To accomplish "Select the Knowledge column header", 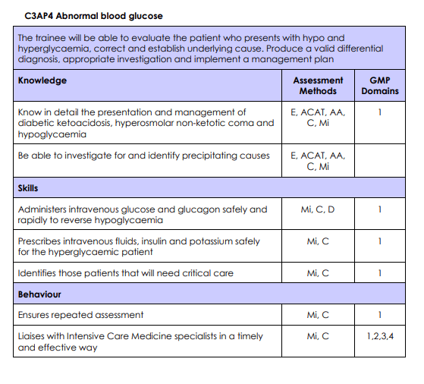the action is [42, 80].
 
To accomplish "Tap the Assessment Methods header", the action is [318, 85].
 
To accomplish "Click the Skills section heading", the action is [28, 187].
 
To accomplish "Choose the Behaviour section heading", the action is [39, 294].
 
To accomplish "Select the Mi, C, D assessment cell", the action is [318, 209].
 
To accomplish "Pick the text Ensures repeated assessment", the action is [80, 314].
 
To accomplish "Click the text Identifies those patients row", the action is [125, 272].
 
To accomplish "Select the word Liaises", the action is [33, 335].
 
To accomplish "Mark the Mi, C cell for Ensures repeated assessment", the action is [318, 314].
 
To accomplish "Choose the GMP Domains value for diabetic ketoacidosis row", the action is [379, 112].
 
